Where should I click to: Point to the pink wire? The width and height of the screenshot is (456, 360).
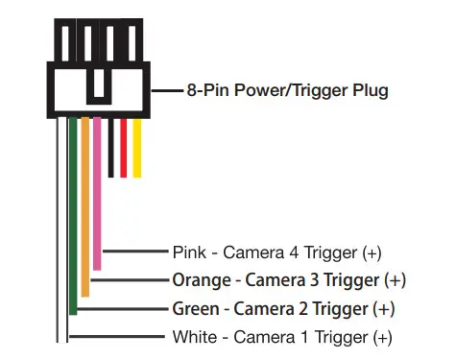click(x=97, y=192)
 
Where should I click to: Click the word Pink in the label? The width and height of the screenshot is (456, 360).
click(x=187, y=253)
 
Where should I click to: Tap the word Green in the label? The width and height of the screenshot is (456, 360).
click(x=194, y=309)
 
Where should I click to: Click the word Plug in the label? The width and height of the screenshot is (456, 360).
click(x=369, y=90)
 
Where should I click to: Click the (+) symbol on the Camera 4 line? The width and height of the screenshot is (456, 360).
click(x=372, y=253)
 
